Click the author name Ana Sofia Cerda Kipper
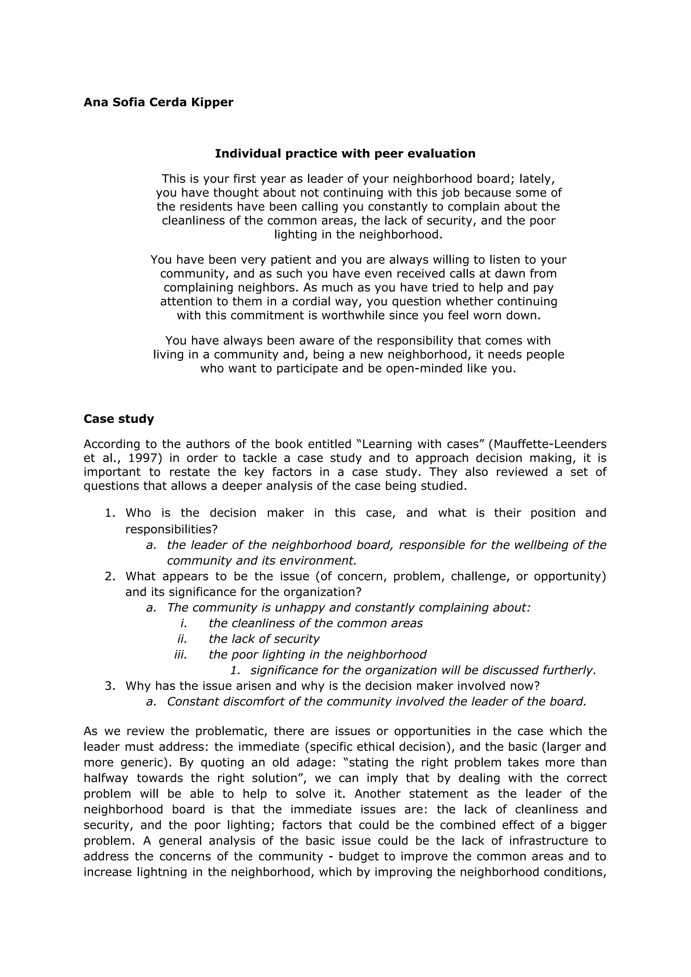pos(158,103)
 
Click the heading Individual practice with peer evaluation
pos(345,153)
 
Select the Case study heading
pos(119,419)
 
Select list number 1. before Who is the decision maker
pos(110,513)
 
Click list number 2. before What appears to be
pos(110,577)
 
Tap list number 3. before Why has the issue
pos(110,686)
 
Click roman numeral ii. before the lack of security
pos(182,639)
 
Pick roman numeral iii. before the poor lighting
pos(181,655)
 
